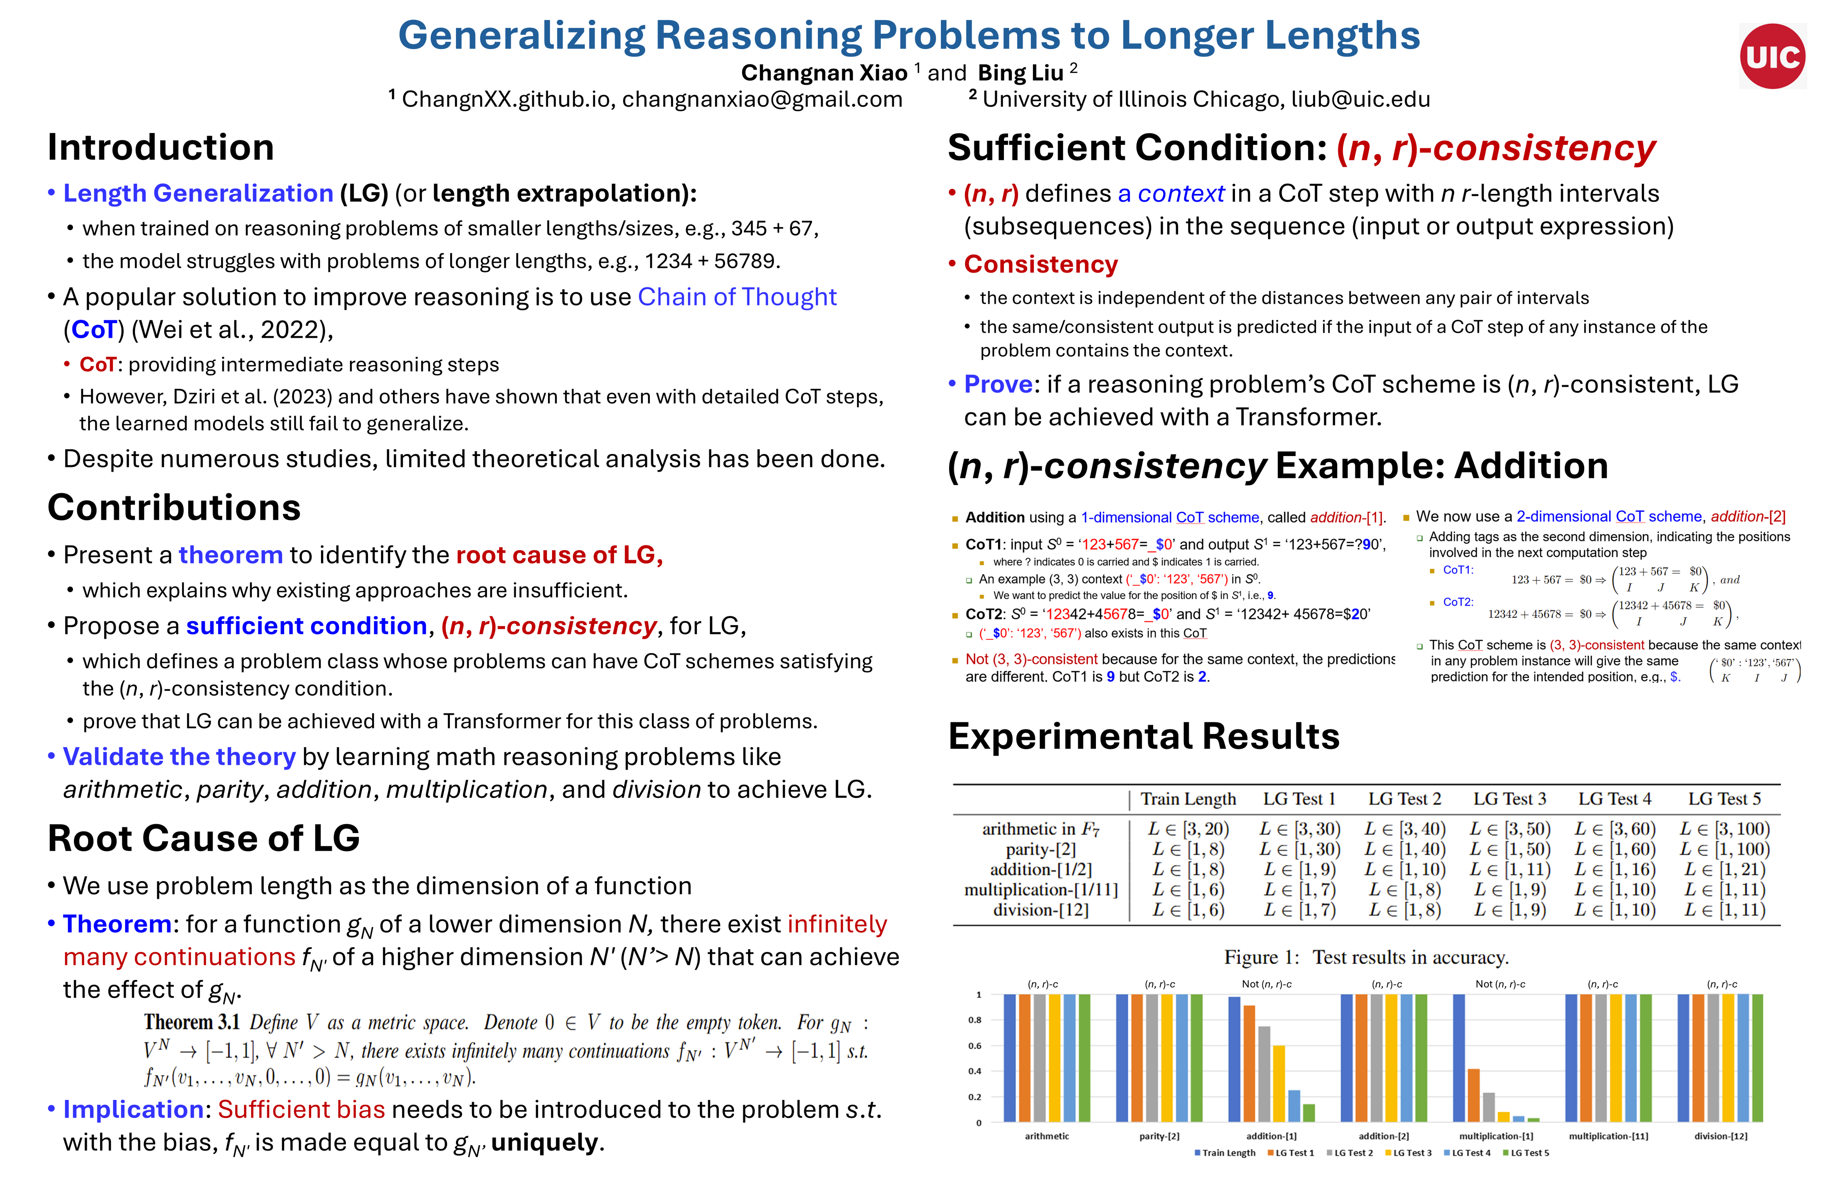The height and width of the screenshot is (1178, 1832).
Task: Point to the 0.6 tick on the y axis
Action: (x=975, y=1045)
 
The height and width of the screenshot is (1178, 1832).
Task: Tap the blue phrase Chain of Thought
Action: (x=736, y=297)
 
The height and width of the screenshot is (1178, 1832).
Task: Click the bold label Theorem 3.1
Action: (x=191, y=1023)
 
